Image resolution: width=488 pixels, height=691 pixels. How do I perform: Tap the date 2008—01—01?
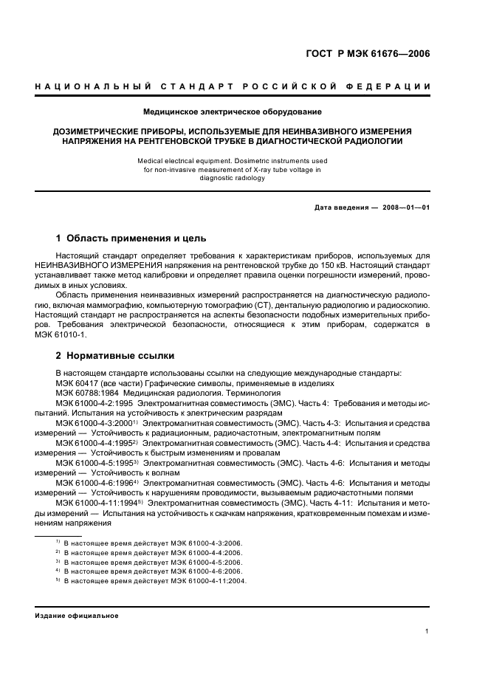405,207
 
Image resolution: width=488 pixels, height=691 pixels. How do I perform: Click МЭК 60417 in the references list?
79,383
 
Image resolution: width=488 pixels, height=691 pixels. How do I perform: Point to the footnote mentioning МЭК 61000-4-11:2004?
155,580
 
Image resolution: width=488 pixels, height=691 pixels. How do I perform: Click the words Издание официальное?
76,615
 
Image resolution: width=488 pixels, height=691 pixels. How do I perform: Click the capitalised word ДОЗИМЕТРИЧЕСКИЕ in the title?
93,131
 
